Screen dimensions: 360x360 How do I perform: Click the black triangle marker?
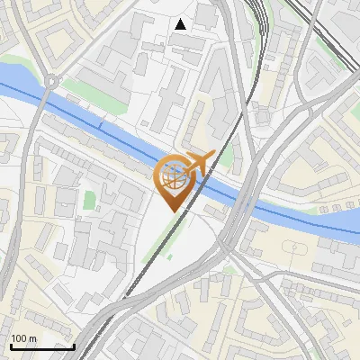click(x=181, y=24)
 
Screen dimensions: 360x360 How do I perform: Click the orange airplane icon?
click(x=200, y=163)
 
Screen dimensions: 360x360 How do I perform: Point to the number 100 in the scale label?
click(x=20, y=338)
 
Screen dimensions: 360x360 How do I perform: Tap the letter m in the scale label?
click(x=32, y=338)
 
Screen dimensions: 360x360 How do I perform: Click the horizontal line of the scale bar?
click(x=41, y=346)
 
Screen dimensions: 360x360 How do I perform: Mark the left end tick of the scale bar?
click(x=10, y=345)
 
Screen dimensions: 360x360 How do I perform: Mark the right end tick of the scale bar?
click(x=74, y=345)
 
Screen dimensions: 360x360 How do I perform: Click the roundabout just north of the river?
click(x=51, y=81)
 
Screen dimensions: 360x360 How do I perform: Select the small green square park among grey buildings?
click(x=89, y=199)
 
